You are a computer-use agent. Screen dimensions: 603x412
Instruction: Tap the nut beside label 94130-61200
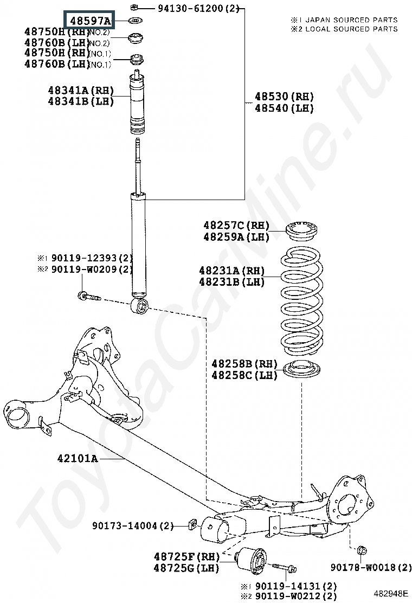133,8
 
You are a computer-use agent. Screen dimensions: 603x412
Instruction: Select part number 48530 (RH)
284,97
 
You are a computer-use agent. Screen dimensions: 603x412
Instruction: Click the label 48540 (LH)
284,108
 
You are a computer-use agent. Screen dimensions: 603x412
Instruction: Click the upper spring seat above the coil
300,230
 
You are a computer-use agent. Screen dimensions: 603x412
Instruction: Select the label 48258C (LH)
244,375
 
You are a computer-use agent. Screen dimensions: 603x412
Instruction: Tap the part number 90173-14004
132,526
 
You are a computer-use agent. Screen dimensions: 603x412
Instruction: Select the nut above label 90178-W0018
362,551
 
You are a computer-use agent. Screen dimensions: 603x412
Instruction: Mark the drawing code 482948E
390,593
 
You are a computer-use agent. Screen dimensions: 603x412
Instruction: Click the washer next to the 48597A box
133,21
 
